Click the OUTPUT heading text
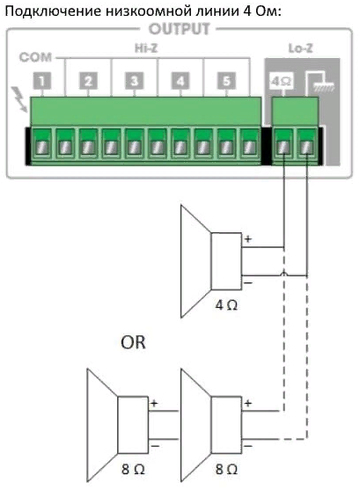180,29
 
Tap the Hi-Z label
146,48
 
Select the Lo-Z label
300,48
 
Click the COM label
35,57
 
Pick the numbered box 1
42,81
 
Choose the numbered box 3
134,81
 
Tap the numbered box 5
226,81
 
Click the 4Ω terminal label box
282,81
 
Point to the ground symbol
320,83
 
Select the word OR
133,342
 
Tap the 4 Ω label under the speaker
226,305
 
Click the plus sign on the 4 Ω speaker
247,239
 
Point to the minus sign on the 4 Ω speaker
247,282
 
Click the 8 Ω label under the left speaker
133,469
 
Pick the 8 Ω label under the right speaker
226,469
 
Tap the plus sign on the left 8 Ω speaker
154,403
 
